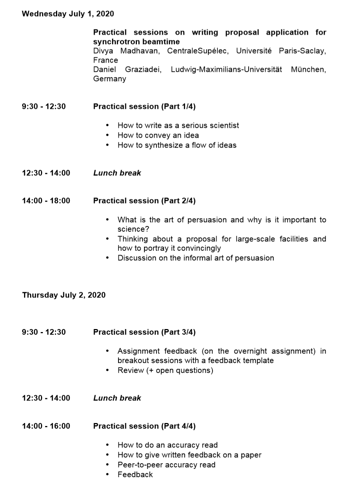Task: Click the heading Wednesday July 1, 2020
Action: (x=68, y=14)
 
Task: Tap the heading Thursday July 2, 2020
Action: (x=64, y=295)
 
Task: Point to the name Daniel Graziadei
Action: (x=127, y=70)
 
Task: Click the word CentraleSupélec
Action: (x=197, y=51)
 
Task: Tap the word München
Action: (x=308, y=70)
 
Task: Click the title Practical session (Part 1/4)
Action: (x=144, y=107)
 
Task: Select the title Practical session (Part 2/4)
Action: (x=144, y=201)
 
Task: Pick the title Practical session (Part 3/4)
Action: (x=144, y=332)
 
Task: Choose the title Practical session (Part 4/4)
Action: (x=144, y=426)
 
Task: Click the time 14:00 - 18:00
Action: (x=46, y=201)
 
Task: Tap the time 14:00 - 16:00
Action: (x=46, y=426)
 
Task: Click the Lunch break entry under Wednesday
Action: (x=117, y=173)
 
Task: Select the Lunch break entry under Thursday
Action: (x=117, y=398)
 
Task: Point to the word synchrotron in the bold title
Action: (x=115, y=42)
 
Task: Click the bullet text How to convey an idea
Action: (x=158, y=135)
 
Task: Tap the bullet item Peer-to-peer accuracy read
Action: (x=166, y=465)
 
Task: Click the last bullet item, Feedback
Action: (x=135, y=475)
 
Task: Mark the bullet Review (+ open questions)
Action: (x=165, y=370)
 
